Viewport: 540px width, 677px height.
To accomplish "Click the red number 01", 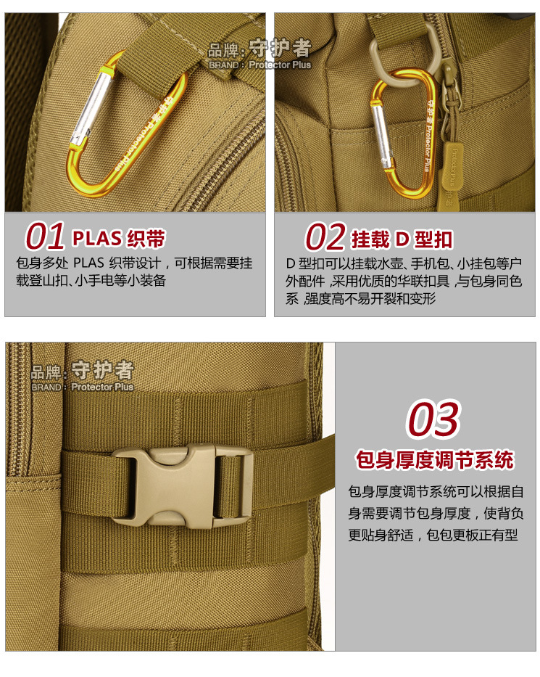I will coord(45,237).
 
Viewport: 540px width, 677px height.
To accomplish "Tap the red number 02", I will coord(324,237).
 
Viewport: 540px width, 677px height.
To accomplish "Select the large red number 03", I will coord(433,420).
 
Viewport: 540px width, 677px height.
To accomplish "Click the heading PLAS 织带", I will coord(119,238).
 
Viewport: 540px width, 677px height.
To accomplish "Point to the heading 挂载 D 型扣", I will coord(402,239).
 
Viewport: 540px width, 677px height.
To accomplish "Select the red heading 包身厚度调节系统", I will coord(434,460).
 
